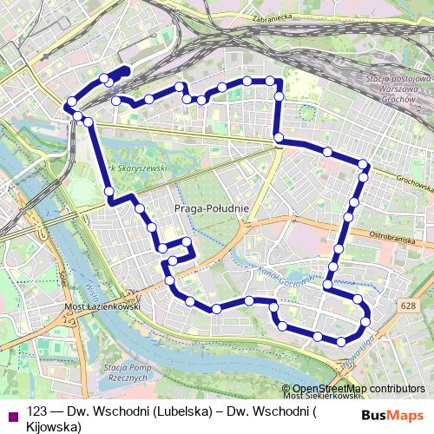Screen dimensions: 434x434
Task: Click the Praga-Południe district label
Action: (213, 208)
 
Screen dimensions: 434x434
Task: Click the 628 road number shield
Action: (408, 306)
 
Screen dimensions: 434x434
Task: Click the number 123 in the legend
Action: (37, 411)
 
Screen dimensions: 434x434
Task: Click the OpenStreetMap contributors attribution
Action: (358, 390)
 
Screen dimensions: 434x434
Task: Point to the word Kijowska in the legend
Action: (54, 426)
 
